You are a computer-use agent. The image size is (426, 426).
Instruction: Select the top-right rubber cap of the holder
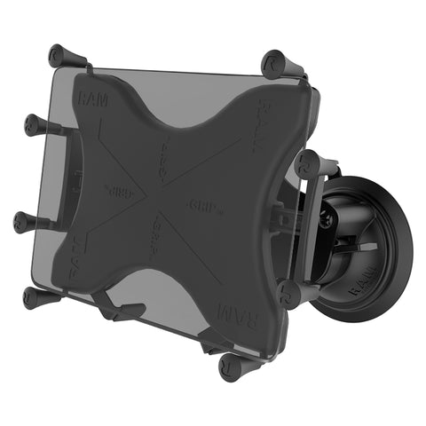[x=275, y=64]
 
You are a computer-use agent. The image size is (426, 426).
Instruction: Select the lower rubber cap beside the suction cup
[x=288, y=294]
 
